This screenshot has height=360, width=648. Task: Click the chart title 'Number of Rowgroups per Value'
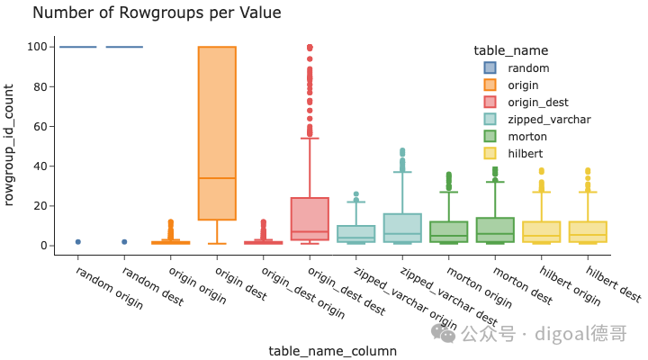tap(157, 13)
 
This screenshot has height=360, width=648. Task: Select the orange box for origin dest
tap(217, 133)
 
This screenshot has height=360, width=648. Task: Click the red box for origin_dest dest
tap(310, 219)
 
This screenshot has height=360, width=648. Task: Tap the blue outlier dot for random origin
tap(78, 242)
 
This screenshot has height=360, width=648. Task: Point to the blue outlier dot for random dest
tap(124, 242)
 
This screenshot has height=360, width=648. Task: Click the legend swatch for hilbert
tap(490, 153)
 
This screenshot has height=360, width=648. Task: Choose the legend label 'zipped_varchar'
tap(549, 120)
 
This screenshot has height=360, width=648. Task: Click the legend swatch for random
tap(490, 67)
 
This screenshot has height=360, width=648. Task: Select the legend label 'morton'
tap(527, 137)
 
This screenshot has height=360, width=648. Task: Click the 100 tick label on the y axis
tap(37, 47)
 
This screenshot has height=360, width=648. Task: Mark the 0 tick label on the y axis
tap(44, 246)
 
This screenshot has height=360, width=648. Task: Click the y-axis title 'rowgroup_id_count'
tap(9, 145)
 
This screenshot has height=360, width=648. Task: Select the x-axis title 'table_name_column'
tap(333, 351)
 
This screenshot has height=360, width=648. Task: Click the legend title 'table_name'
tap(511, 50)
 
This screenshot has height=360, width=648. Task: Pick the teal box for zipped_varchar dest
tap(402, 228)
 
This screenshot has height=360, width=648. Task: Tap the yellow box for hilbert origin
tap(542, 232)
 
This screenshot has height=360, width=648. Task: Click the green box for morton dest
tap(495, 229)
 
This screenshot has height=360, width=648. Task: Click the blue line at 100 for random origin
tap(78, 47)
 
